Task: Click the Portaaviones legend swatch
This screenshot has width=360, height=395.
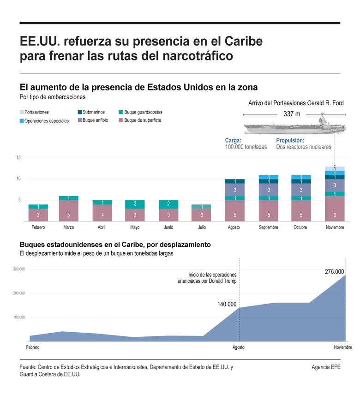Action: click(x=22, y=112)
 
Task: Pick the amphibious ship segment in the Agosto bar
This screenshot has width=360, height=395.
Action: click(x=234, y=190)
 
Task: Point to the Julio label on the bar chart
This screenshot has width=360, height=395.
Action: click(x=201, y=227)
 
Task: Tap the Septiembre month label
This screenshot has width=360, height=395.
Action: click(x=268, y=227)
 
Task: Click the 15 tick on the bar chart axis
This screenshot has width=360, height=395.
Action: click(x=18, y=158)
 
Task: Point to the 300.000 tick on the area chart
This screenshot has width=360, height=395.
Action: click(x=19, y=269)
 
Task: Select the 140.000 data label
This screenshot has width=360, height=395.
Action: click(x=227, y=304)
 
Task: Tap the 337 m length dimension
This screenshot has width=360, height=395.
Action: click(x=291, y=114)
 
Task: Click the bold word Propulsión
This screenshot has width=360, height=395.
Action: click(x=290, y=140)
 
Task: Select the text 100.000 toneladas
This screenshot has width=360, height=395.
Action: click(x=246, y=147)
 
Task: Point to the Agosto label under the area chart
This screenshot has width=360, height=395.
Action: click(x=239, y=347)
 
